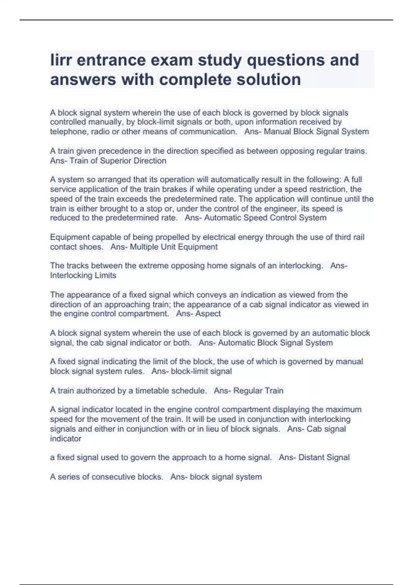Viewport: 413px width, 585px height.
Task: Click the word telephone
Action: point(69,131)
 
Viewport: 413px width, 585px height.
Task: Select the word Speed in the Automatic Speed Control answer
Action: point(256,218)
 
